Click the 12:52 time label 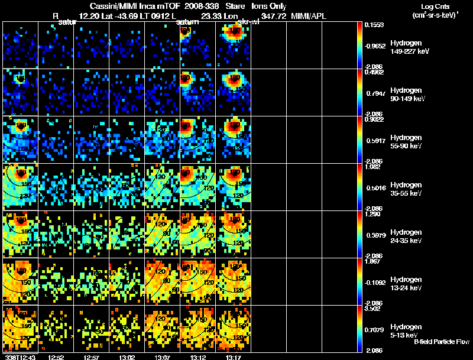[56, 356]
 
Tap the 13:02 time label [127, 356]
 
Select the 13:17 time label [234, 356]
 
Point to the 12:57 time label [92, 356]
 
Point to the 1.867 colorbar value [375, 261]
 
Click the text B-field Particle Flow [441, 342]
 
